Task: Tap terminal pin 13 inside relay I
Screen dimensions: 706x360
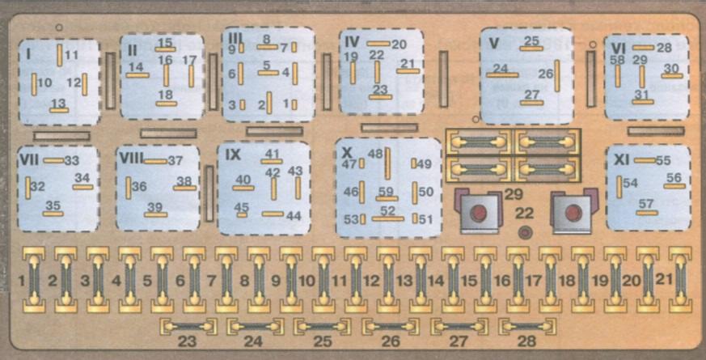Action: coord(59,110)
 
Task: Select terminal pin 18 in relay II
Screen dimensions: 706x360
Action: coord(166,104)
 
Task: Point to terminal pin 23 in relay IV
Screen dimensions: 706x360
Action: coord(380,96)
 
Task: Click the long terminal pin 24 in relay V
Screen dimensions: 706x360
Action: coord(502,74)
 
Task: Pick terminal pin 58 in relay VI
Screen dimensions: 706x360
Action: coord(618,76)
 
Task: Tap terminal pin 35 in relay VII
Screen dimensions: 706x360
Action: coord(53,214)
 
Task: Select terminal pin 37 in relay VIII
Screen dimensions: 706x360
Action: coord(155,161)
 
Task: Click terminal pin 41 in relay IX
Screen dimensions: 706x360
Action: coord(272,161)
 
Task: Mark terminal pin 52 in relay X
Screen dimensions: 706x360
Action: coord(387,218)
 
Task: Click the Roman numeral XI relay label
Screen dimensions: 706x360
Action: coord(621,159)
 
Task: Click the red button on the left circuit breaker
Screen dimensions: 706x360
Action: coord(478,213)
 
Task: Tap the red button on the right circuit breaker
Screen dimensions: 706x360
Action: coord(573,213)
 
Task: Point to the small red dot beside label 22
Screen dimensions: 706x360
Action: coord(525,233)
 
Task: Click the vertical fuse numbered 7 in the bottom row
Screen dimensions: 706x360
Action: coord(226,280)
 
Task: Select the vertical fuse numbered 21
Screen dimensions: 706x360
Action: coord(680,280)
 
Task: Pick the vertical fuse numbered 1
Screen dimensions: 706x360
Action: coord(34,280)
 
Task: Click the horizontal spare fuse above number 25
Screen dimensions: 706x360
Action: coord(323,327)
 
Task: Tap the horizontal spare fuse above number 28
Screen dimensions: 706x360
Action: coord(527,327)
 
